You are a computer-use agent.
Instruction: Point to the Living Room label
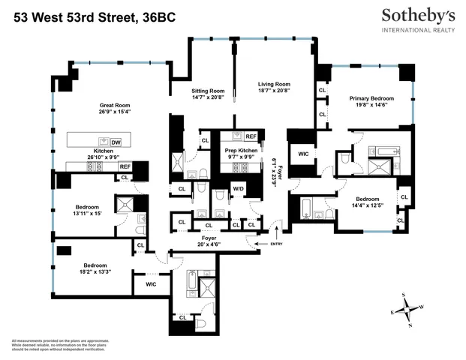click(x=274, y=85)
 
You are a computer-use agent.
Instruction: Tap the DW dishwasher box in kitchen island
click(x=116, y=142)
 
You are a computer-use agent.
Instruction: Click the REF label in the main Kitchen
click(x=125, y=166)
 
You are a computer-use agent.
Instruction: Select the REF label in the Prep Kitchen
click(x=250, y=136)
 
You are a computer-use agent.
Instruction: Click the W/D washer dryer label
click(x=237, y=187)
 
